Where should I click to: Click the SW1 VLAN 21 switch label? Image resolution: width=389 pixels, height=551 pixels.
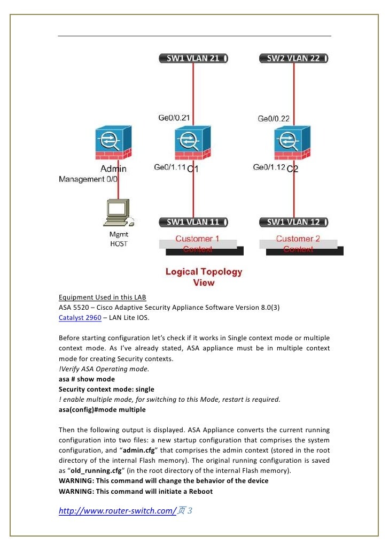pos(193,58)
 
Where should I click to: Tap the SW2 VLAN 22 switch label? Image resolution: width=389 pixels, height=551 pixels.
pos(293,58)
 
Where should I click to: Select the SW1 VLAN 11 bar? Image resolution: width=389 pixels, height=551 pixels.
pos(193,221)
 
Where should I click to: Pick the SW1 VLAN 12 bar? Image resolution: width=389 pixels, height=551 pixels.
pos(293,221)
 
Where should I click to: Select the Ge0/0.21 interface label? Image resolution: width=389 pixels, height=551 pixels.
pos(174,118)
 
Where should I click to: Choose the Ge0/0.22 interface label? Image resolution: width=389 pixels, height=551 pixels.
pos(274,118)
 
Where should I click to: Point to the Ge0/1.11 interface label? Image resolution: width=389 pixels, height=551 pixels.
pos(170,167)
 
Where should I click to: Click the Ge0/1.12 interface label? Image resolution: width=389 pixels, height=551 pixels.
pos(269,167)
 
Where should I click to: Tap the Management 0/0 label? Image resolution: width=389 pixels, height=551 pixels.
pos(88,179)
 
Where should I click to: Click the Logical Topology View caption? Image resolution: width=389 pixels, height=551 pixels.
pos(204,277)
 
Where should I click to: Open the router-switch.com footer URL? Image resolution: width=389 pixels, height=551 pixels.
pos(117,511)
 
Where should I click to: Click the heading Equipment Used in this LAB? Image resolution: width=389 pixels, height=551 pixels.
pos(102,297)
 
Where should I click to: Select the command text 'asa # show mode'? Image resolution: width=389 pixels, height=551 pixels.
pos(87,379)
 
